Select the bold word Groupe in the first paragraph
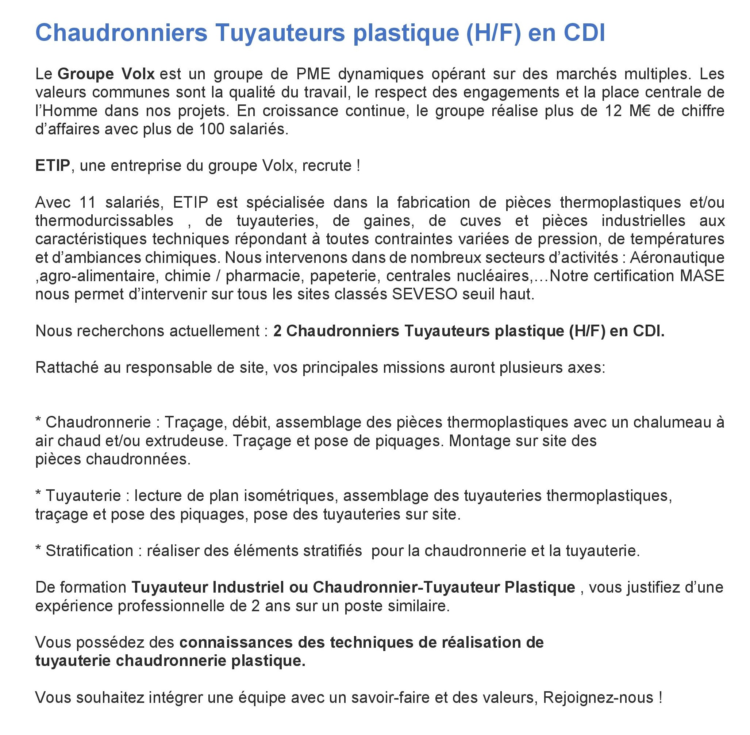86,74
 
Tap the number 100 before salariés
211,129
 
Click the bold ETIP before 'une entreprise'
53,166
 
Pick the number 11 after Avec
88,202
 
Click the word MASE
702,276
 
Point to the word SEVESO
424,294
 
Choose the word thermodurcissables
104,221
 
